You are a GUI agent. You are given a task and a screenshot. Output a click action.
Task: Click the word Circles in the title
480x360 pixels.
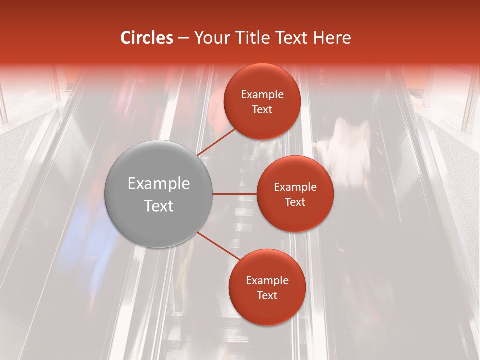pyautogui.click(x=146, y=38)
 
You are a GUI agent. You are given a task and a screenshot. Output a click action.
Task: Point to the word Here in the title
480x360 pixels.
pyautogui.click(x=332, y=38)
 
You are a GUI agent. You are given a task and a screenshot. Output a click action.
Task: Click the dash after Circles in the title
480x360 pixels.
pyautogui.click(x=183, y=38)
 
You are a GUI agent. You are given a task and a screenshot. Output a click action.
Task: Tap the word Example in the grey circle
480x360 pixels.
pyautogui.click(x=159, y=184)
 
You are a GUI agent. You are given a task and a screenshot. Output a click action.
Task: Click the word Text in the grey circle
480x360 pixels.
pyautogui.click(x=159, y=206)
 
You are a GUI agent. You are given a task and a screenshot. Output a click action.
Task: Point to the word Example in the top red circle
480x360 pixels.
pyautogui.click(x=262, y=95)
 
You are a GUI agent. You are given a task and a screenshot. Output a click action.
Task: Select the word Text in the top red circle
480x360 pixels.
pyautogui.click(x=262, y=109)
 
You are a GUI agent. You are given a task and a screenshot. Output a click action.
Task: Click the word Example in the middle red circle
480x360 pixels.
pyautogui.click(x=295, y=187)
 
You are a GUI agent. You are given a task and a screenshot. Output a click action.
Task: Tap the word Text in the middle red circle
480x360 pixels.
pyautogui.click(x=295, y=202)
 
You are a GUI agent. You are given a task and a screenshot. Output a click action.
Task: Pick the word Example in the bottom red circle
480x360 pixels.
pyautogui.click(x=267, y=281)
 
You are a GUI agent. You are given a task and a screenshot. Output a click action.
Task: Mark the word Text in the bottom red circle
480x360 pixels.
pyautogui.click(x=267, y=295)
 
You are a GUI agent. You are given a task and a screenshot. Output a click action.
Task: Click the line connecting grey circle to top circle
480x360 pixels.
pyautogui.click(x=216, y=142)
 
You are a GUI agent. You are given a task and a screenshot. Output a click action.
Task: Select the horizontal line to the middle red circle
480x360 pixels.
pyautogui.click(x=235, y=194)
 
